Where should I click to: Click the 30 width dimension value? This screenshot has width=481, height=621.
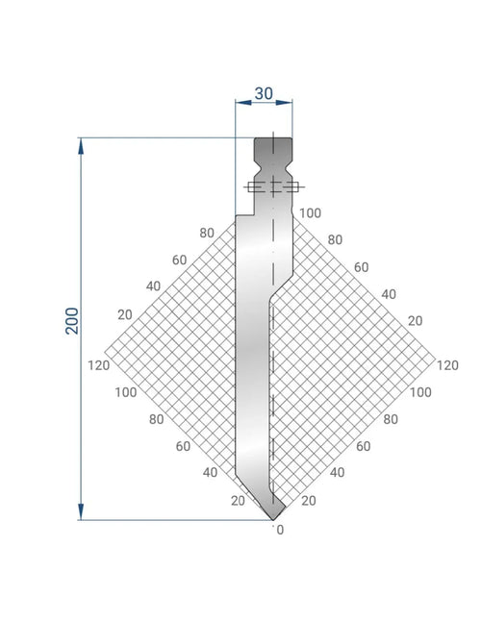click(x=264, y=93)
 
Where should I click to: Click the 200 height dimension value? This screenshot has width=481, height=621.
click(x=72, y=321)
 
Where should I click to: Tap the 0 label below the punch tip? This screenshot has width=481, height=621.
click(x=280, y=530)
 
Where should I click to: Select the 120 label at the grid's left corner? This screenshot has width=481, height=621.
click(x=99, y=365)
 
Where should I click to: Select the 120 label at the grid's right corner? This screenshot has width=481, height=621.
click(x=447, y=365)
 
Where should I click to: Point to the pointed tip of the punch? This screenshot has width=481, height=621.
click(x=273, y=520)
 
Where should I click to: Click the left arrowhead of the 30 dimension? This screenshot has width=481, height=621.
click(x=243, y=103)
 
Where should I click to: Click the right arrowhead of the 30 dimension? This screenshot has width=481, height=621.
click(x=284, y=103)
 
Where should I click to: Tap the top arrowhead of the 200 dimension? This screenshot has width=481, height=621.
click(x=81, y=146)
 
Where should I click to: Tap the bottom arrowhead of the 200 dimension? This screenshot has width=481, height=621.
click(x=81, y=511)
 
